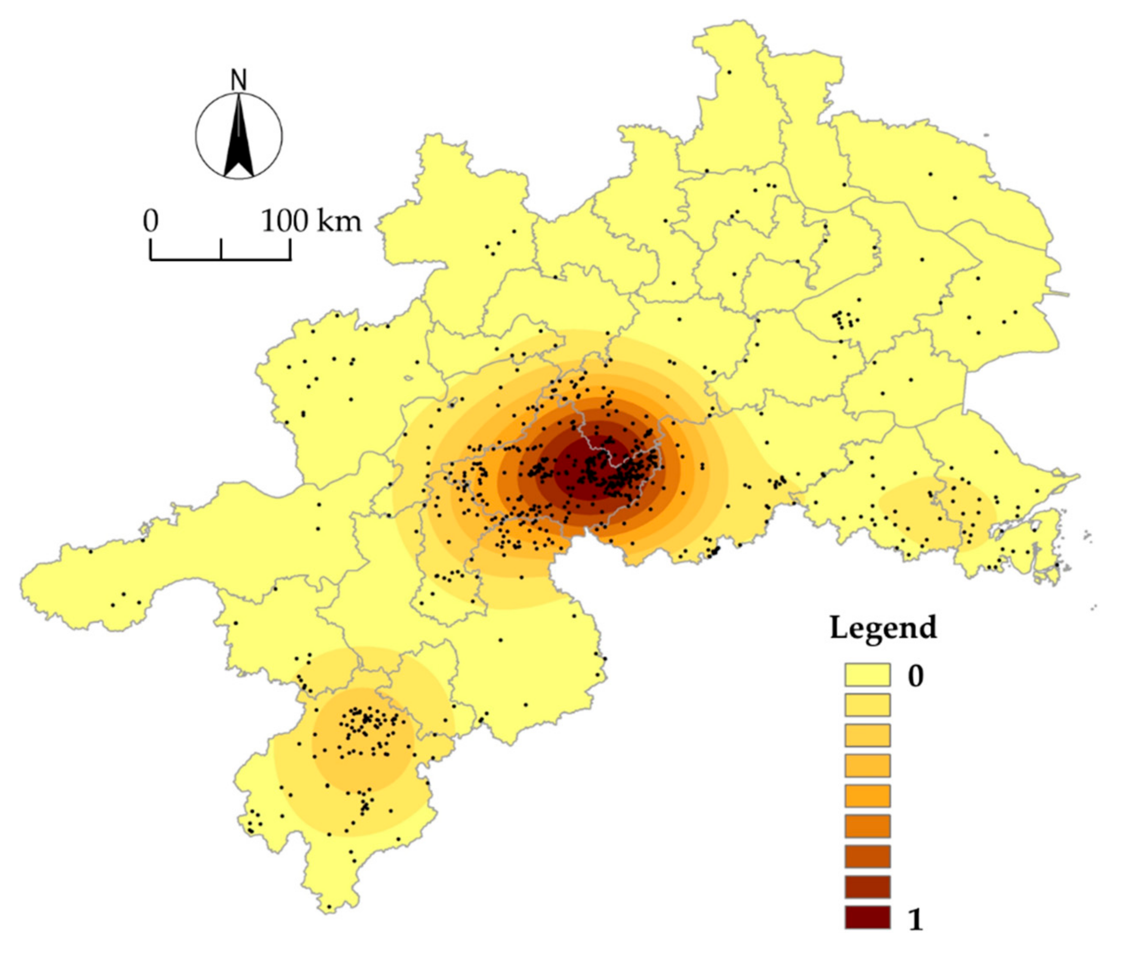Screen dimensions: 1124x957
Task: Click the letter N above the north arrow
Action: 239,80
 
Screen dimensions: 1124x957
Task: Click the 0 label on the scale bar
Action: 151,221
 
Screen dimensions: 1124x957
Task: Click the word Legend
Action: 883,628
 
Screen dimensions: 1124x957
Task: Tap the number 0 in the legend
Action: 916,676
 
